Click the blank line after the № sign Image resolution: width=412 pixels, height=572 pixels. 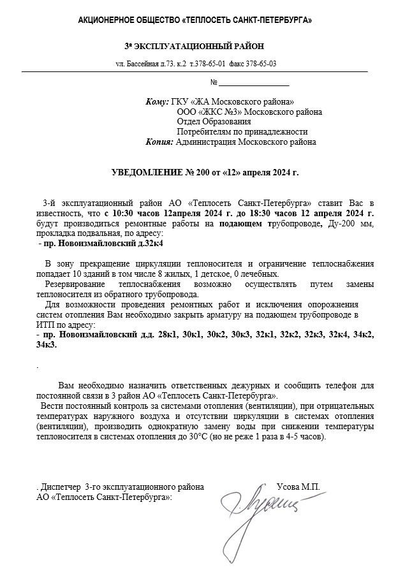(254, 83)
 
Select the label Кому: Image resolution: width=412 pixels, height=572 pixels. (157, 101)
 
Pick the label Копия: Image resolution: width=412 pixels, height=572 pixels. (159, 142)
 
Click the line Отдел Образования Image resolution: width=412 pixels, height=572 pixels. (214, 122)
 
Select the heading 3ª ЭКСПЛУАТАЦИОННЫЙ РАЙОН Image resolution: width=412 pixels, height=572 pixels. (194, 47)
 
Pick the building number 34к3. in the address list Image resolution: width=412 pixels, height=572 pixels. (47, 344)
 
